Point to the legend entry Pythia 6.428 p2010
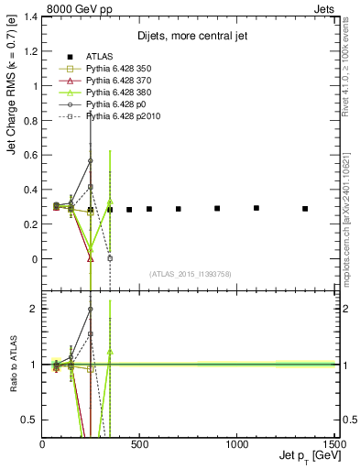coord(124,116)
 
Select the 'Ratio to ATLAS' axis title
coord(12,366)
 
